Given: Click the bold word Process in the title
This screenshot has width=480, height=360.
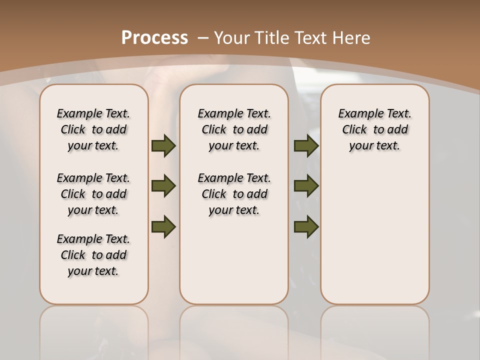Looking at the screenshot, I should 154,38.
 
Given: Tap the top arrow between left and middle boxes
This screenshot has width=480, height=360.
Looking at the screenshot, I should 163,145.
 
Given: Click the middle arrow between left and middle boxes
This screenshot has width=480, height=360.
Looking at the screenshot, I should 163,186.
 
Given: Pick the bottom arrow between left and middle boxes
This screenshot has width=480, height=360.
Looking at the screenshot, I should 163,226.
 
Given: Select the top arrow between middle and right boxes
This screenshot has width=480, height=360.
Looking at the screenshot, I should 306,145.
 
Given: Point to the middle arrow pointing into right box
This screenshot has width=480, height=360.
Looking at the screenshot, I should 306,186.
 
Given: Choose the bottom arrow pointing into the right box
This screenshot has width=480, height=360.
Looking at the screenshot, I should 306,226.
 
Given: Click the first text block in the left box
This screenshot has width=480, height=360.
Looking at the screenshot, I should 93,129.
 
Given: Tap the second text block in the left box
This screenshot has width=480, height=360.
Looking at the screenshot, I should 93,194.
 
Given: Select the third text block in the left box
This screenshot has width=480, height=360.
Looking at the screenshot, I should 93,255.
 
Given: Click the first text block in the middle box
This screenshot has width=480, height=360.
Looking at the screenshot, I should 234,129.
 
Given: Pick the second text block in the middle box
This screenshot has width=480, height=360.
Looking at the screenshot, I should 234,194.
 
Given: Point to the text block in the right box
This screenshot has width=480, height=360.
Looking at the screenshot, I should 374,129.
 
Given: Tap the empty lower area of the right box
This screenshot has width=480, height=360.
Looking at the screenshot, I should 374,235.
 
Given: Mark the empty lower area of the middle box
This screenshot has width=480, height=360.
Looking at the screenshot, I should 234,260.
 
